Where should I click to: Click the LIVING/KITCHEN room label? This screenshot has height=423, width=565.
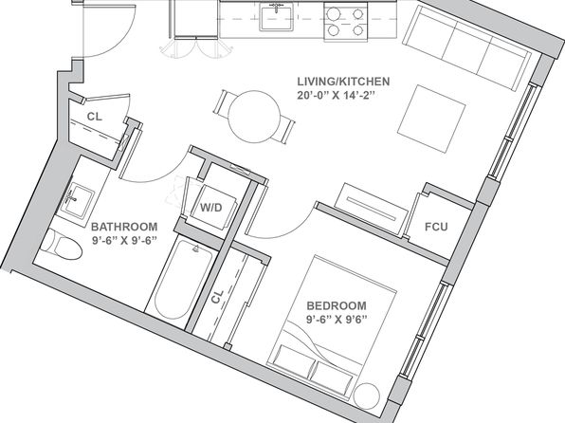(x=343, y=82)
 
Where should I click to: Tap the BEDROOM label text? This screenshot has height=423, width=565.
(x=337, y=305)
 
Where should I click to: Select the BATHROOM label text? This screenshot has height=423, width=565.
(x=124, y=227)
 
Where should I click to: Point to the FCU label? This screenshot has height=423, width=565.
(x=436, y=227)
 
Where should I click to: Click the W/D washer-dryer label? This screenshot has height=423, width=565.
(x=211, y=208)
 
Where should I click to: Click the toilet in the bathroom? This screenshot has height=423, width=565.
(x=62, y=244)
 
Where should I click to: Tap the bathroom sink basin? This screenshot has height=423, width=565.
(x=77, y=200)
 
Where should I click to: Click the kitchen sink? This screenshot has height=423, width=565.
(x=277, y=18)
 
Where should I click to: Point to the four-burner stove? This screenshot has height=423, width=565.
(x=346, y=22)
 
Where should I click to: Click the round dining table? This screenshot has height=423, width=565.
(x=254, y=116)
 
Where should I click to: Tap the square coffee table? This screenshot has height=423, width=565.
(x=431, y=119)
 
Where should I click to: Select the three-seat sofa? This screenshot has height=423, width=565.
(x=467, y=47)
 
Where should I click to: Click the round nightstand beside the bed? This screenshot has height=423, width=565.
(x=367, y=395)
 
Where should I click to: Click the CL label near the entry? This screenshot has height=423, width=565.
(x=95, y=117)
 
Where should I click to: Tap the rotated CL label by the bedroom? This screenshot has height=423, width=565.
(x=217, y=297)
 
